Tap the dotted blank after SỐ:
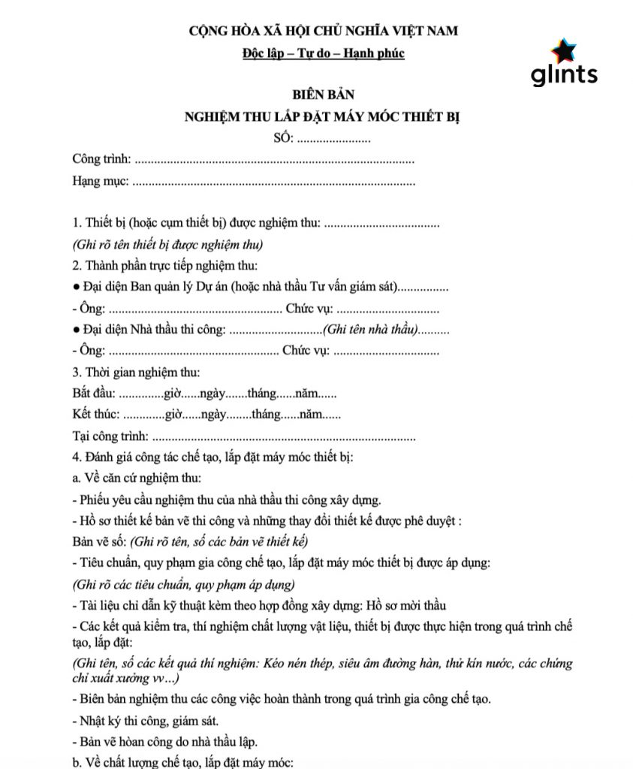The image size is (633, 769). tap(335, 140)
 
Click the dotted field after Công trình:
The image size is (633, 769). tap(275, 160)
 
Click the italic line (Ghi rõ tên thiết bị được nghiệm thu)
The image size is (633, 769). tap(167, 245)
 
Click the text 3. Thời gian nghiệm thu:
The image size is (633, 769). tap(136, 372)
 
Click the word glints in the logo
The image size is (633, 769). tap(564, 74)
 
